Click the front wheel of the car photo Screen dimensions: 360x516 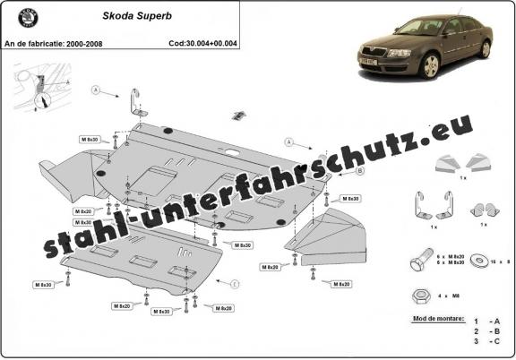click(x=432, y=65)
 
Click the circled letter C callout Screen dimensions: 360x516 click(x=235, y=284)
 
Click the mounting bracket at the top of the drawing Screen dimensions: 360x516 click(x=136, y=106)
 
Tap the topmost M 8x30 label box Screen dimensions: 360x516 click(x=90, y=140)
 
